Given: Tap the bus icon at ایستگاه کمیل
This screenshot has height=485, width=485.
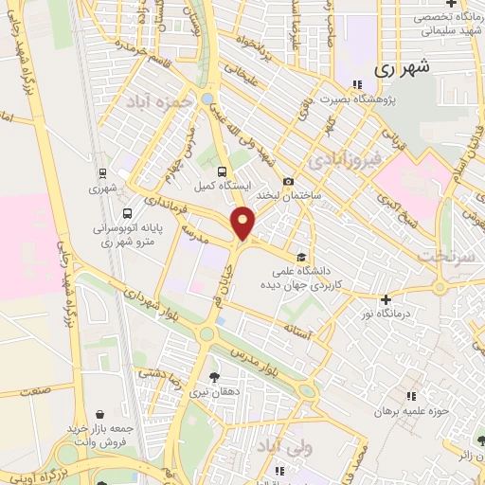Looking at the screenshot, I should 222,171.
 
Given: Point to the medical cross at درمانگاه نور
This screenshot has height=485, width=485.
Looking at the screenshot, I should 386,299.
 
